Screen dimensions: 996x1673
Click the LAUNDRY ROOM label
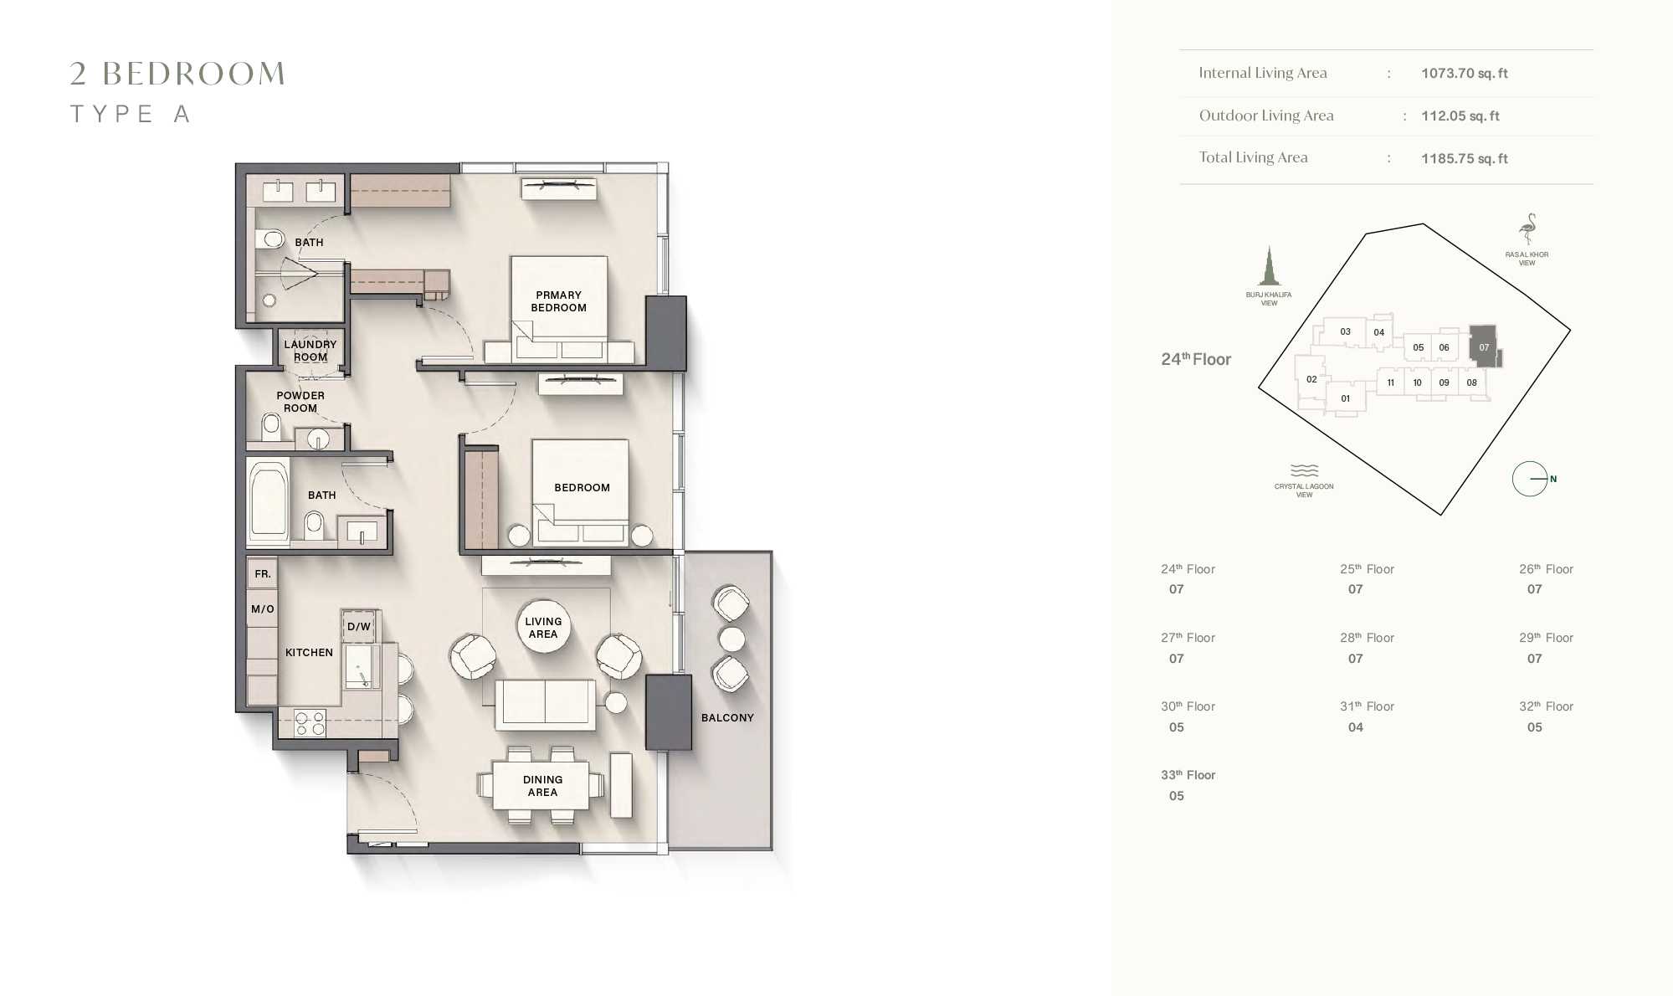310,351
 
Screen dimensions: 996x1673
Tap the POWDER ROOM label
300,402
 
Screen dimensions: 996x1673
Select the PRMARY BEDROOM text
558,301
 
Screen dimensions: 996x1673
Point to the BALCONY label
727,717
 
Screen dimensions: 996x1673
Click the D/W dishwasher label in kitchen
359,626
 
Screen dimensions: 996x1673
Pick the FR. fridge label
263,574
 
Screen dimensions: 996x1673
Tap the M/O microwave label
263,608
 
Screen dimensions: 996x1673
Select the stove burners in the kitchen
310,723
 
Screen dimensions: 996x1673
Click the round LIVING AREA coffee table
543,627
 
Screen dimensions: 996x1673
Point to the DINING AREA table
541,785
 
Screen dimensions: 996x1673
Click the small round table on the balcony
731,639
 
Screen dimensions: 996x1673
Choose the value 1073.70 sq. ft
1464,74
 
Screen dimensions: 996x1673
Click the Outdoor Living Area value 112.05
1460,116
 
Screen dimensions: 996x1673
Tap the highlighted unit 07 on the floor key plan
1483,347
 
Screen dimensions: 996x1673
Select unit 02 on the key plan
1311,379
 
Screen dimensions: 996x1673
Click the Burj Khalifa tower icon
1269,267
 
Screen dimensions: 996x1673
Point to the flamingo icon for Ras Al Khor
1528,229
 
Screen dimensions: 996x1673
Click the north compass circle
1529,479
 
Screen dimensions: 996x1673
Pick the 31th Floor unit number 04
1355,727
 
